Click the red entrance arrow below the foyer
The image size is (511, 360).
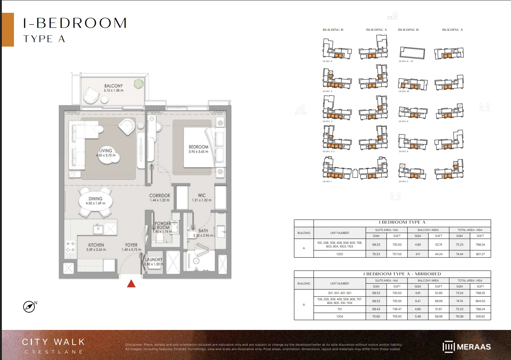(131, 283)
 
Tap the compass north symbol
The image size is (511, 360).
(29, 306)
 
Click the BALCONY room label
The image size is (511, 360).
(113, 86)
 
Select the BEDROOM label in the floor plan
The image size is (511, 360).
(198, 147)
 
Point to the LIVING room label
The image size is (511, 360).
(106, 151)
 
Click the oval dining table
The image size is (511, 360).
(96, 201)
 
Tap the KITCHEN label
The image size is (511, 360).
(96, 245)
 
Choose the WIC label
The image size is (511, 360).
(202, 196)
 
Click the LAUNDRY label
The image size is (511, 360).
(153, 260)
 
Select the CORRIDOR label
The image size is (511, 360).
(159, 196)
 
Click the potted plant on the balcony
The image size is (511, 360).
(138, 84)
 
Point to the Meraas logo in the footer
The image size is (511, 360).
(467, 347)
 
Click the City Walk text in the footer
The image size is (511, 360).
(54, 342)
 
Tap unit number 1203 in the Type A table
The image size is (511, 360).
(339, 254)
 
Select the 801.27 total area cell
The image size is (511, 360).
(480, 254)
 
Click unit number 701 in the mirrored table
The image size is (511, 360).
(339, 309)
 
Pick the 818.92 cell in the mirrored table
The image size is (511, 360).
(480, 316)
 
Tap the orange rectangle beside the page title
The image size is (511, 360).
(8, 30)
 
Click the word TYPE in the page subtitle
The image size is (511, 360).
(38, 39)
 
